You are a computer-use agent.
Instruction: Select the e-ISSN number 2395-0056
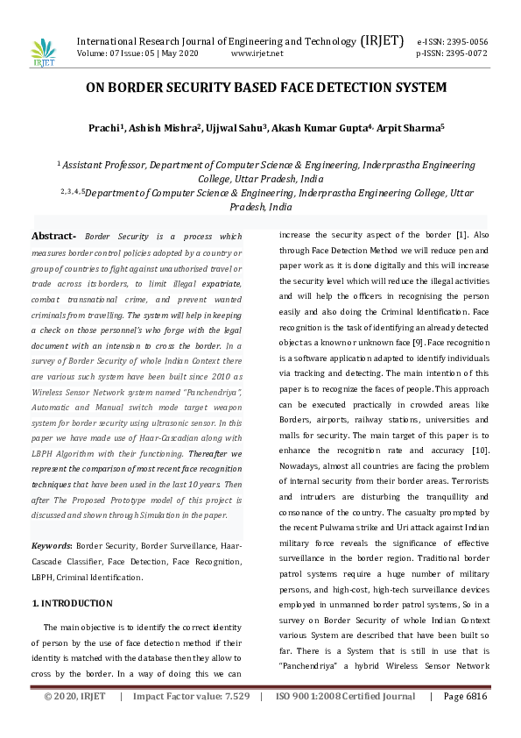point(465,41)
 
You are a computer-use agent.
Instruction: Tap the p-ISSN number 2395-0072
point(465,53)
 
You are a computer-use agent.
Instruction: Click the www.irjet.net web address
point(257,53)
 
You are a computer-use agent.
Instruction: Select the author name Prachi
point(103,128)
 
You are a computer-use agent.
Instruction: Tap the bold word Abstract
point(53,237)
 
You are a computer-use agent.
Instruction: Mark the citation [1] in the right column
point(461,236)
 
